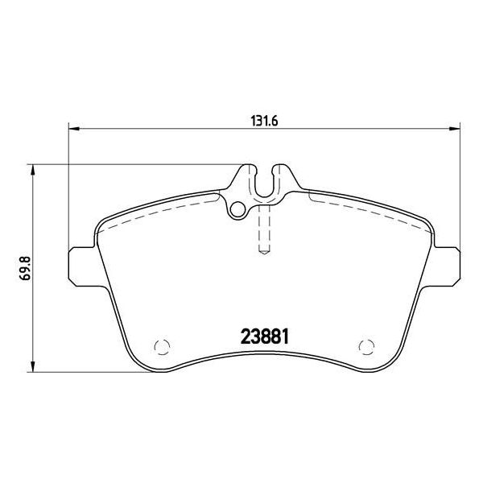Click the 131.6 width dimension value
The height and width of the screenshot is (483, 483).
click(264, 121)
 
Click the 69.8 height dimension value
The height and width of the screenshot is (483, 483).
click(25, 268)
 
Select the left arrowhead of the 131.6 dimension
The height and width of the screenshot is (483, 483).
click(74, 129)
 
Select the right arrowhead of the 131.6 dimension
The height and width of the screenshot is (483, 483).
click(454, 129)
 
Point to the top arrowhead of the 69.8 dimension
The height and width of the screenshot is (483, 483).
click(33, 171)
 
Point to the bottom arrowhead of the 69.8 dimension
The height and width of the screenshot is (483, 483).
click(33, 366)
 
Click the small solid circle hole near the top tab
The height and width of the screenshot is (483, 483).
click(237, 209)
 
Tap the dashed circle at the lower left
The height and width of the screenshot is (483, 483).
click(162, 347)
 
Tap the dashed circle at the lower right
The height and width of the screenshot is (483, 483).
click(366, 346)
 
